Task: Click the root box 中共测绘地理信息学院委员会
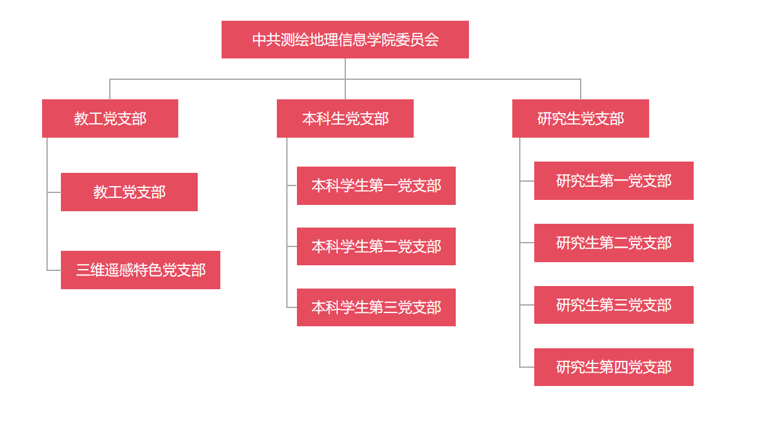(x=345, y=40)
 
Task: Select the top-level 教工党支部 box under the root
(x=110, y=118)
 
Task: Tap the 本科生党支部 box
(x=345, y=118)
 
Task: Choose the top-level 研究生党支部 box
(x=580, y=118)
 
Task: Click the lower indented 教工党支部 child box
(x=129, y=192)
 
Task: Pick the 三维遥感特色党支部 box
(x=140, y=270)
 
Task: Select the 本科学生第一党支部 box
(x=376, y=185)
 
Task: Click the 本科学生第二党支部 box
(x=376, y=246)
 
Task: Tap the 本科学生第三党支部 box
(x=376, y=307)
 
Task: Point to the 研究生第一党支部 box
(x=613, y=180)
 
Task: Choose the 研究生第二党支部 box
(x=613, y=243)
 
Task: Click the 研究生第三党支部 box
(x=613, y=305)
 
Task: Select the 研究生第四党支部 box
(x=613, y=367)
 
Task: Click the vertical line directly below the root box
(x=345, y=69)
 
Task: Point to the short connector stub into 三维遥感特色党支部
(x=54, y=270)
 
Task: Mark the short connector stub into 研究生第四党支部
(x=527, y=367)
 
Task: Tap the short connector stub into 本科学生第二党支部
(x=292, y=246)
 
